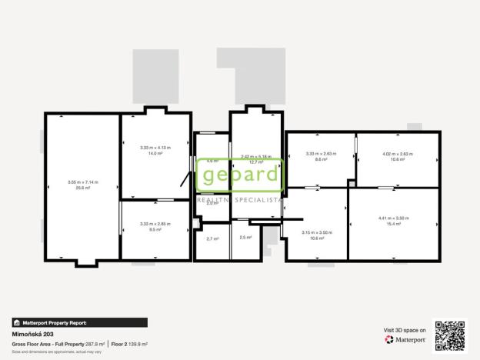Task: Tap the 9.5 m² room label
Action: click(x=155, y=229)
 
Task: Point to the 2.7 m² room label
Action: click(x=212, y=238)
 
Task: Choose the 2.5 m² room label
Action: click(x=246, y=238)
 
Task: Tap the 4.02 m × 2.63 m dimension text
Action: click(x=397, y=154)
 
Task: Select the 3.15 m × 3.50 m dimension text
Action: click(x=317, y=232)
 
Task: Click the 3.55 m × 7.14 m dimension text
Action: click(x=82, y=182)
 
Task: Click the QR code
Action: click(x=450, y=335)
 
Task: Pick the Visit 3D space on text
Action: click(x=405, y=329)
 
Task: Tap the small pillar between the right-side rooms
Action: click(x=352, y=183)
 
